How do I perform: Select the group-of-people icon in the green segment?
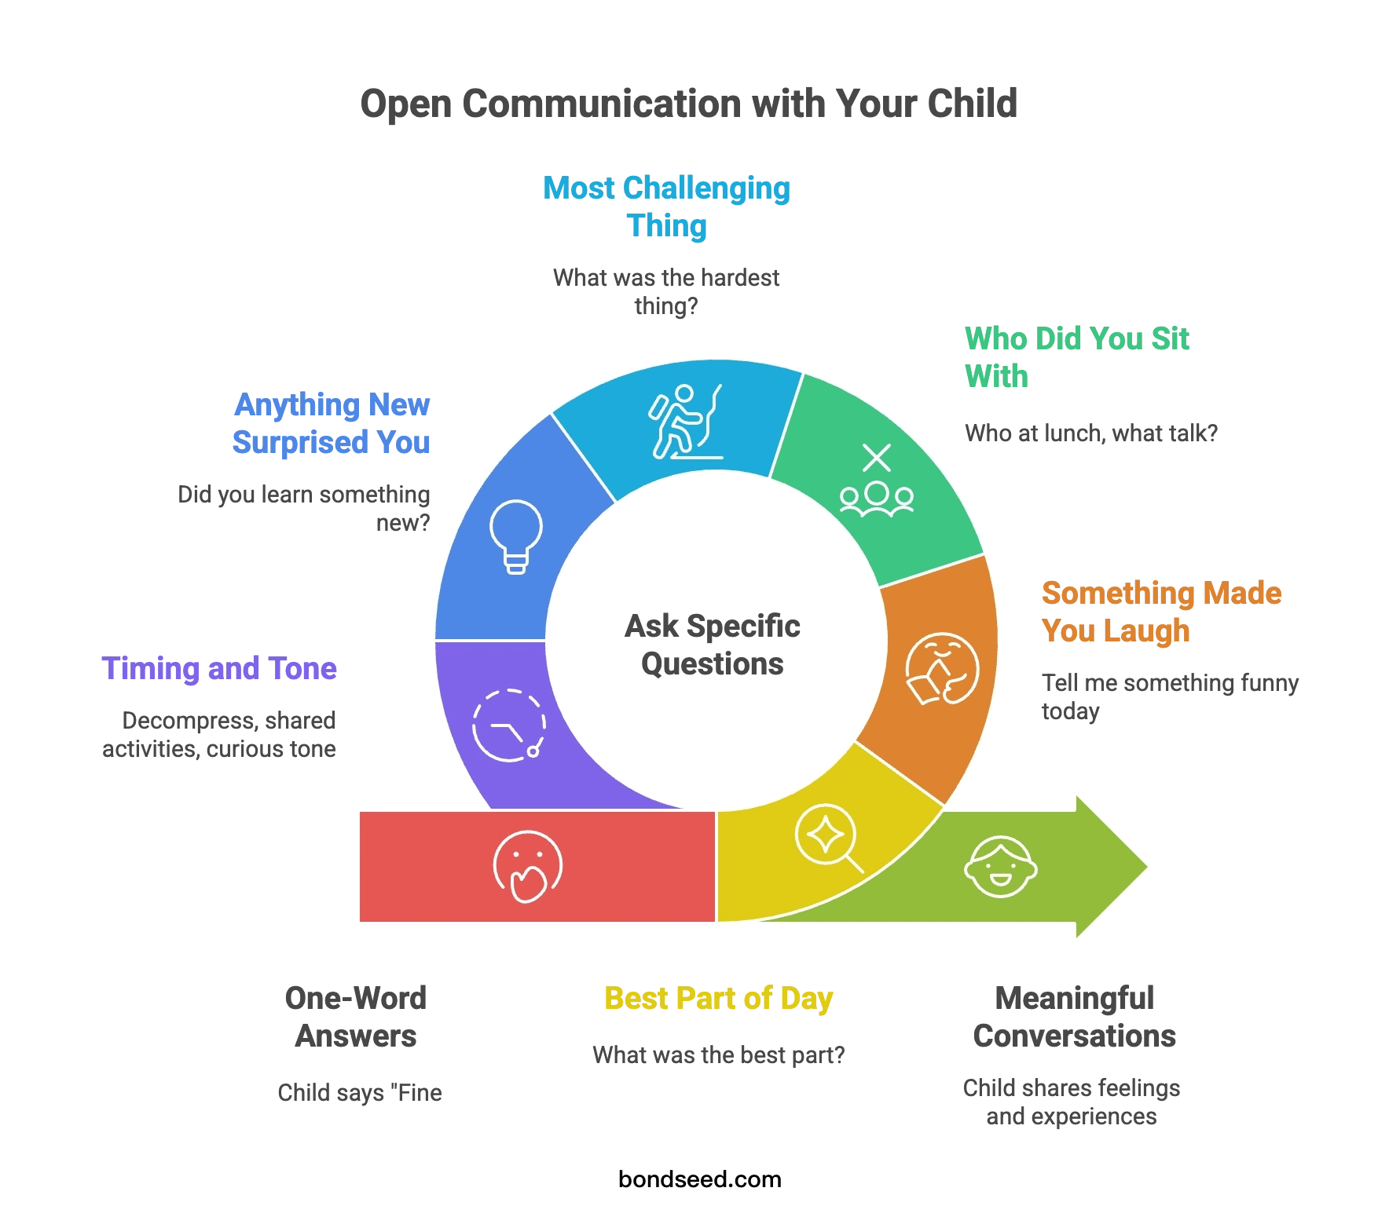click(x=877, y=498)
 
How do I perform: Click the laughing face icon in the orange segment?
click(x=942, y=668)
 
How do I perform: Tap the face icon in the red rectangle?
click(x=528, y=867)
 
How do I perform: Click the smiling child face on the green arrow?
click(x=1000, y=867)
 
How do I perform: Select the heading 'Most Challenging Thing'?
click(x=666, y=206)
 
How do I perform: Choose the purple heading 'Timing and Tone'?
click(x=220, y=669)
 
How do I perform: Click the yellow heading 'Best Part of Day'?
click(x=718, y=999)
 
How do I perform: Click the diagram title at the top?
click(x=687, y=103)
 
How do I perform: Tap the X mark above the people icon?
click(x=877, y=458)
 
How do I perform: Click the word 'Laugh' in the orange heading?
click(x=1152, y=631)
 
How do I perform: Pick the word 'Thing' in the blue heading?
click(x=668, y=226)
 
